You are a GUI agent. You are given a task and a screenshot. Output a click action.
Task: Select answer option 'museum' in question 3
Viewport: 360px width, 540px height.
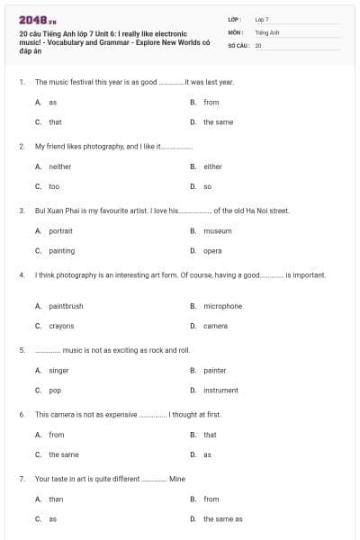coord(217,231)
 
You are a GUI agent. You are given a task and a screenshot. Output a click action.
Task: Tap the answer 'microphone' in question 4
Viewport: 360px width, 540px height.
coord(222,306)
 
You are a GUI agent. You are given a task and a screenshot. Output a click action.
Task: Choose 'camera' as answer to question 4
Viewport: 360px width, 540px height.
coord(215,326)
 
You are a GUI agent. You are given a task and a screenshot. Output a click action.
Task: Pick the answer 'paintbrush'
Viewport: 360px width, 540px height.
coord(66,306)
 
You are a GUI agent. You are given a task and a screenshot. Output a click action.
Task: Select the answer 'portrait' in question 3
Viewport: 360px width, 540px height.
coord(60,231)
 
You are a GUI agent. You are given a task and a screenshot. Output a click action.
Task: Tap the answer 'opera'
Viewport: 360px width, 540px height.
coord(212,251)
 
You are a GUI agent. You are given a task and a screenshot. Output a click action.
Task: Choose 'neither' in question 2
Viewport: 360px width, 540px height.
coord(60,166)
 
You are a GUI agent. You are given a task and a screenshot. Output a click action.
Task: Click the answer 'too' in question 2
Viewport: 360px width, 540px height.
coord(54,186)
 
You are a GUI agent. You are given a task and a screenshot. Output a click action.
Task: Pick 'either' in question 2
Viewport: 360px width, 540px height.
coord(212,166)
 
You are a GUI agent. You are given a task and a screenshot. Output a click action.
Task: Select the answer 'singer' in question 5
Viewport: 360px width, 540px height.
coord(58,370)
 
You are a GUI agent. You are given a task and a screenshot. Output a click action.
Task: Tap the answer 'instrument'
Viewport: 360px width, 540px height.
coord(220,391)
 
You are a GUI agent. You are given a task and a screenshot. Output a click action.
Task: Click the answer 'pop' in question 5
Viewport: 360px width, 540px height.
coord(54,391)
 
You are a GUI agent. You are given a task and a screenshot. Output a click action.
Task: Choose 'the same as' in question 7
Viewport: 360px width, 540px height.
coord(222,519)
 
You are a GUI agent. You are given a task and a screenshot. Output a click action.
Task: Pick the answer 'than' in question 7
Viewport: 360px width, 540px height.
coord(56,499)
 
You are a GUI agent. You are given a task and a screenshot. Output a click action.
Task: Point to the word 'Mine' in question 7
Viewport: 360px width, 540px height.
coord(177,479)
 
